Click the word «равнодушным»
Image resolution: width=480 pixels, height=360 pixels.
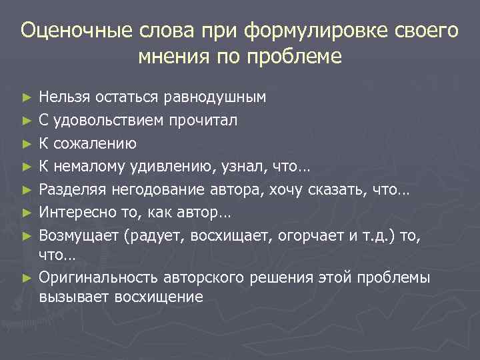point(215,97)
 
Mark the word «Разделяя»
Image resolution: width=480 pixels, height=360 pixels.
point(71,190)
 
